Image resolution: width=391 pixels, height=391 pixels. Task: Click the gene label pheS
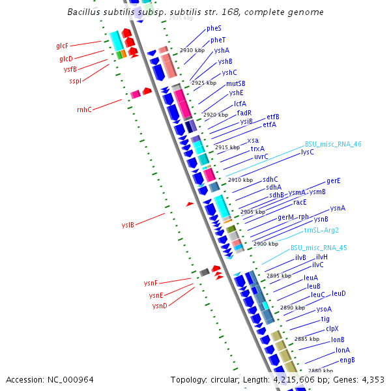coord(214,29)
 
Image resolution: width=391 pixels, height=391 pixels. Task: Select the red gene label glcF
coord(63,46)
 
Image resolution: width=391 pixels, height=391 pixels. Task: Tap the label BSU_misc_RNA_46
coord(333,145)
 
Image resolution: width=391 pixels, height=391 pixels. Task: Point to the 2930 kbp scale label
coord(192,50)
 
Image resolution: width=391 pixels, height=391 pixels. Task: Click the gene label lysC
coord(307,152)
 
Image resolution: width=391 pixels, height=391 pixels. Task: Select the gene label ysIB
coord(128,225)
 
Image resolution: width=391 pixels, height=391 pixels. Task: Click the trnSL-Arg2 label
coord(321,230)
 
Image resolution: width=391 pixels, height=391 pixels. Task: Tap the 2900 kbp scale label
coord(266,244)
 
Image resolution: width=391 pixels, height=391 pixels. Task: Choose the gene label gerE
coord(333,181)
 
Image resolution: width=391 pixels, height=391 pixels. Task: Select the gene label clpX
coord(332,328)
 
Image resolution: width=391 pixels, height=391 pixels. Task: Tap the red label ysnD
coord(160,306)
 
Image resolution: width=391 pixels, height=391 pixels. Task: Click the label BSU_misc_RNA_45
coord(319,248)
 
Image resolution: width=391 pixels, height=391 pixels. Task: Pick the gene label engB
coord(347,360)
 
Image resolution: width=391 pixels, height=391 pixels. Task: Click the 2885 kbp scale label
coord(306,339)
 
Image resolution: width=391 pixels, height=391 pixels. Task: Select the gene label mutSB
coord(236,83)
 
